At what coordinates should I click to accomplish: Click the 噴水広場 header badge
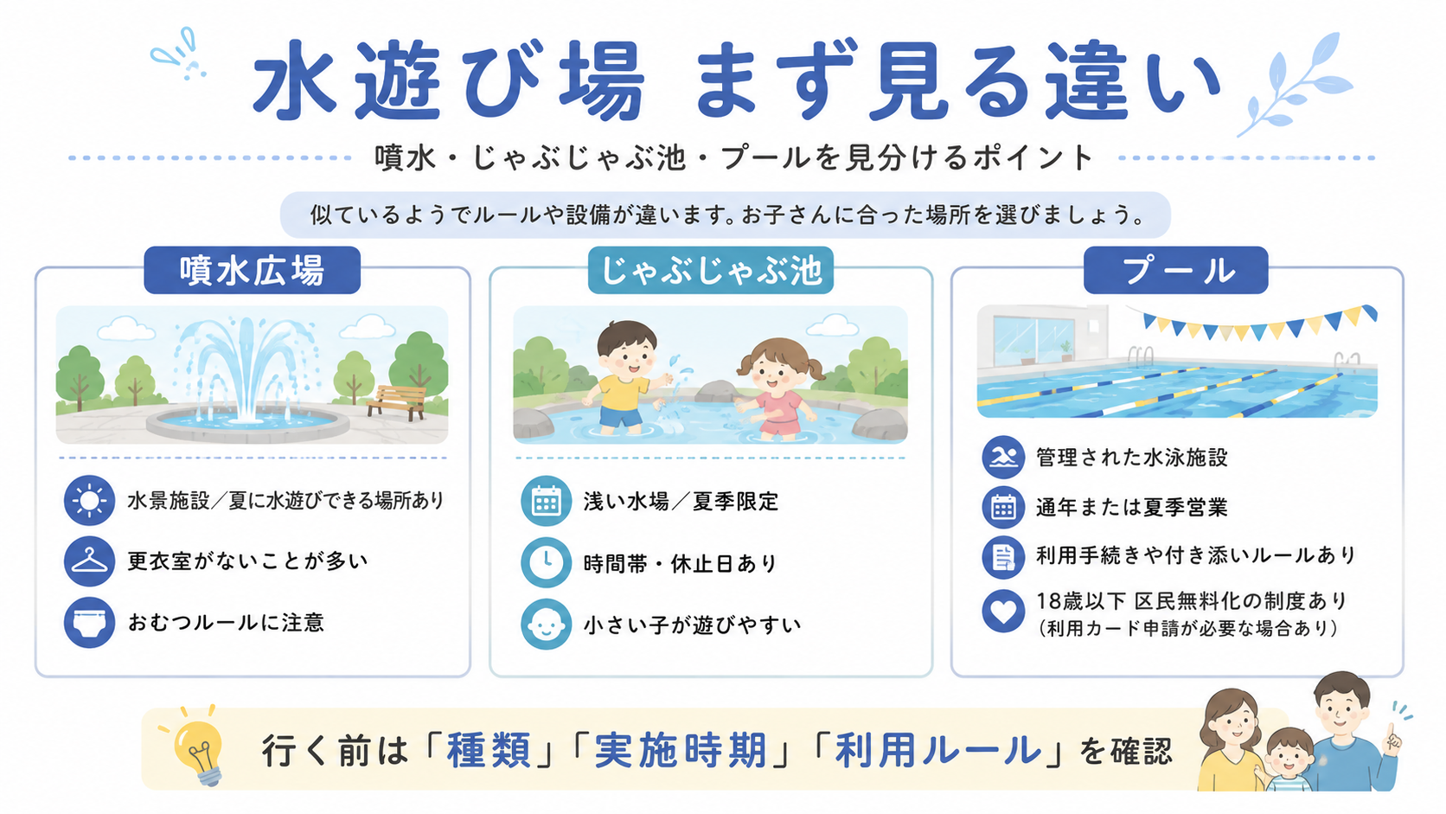[x=252, y=271]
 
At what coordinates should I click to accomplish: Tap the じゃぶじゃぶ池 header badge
[x=711, y=271]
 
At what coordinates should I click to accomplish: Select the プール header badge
[x=1175, y=271]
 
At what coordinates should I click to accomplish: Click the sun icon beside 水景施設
[x=89, y=500]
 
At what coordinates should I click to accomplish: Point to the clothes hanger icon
[x=89, y=561]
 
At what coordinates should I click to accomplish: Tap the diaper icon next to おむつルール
[x=89, y=623]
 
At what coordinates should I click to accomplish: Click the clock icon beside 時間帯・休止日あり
[x=546, y=562]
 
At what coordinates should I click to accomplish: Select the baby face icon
[x=546, y=624]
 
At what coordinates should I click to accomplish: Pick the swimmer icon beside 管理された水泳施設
[x=1003, y=457]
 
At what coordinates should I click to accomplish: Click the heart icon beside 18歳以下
[x=1003, y=611]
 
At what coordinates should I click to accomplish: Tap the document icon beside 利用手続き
[x=1003, y=557]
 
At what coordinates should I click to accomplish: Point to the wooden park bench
[x=397, y=401]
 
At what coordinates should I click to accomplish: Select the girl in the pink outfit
[x=777, y=390]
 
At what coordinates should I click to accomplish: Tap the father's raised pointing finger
[x=1391, y=734]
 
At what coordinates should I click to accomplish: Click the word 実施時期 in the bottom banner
[x=681, y=751]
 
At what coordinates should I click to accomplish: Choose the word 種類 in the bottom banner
[x=489, y=751]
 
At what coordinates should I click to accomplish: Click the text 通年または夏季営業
[x=1131, y=508]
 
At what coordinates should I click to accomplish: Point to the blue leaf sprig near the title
[x=1295, y=84]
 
